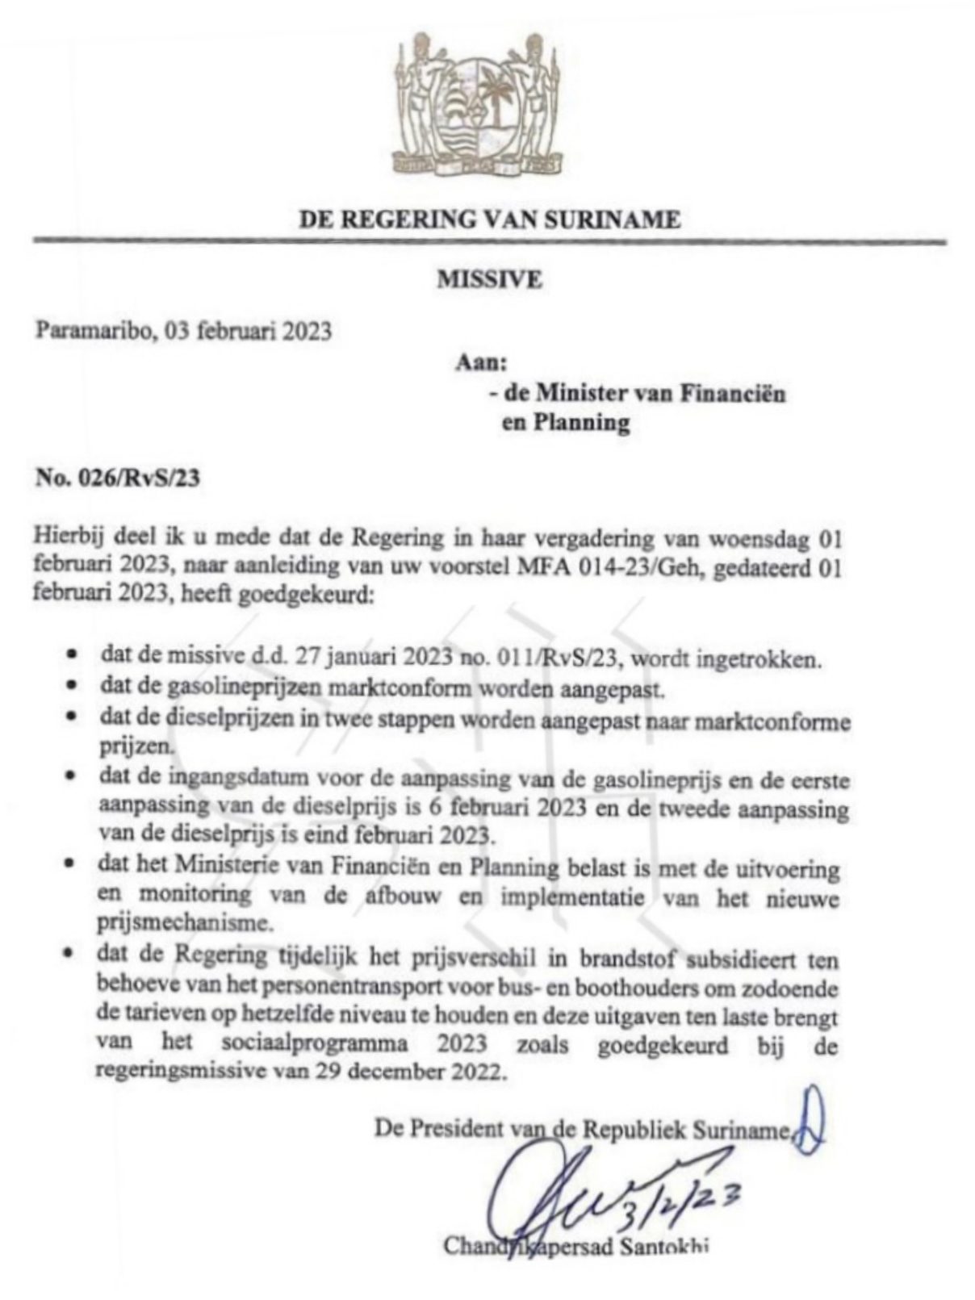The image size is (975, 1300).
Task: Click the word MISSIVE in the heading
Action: pyautogui.click(x=489, y=279)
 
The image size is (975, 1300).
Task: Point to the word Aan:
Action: pyautogui.click(x=480, y=363)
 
